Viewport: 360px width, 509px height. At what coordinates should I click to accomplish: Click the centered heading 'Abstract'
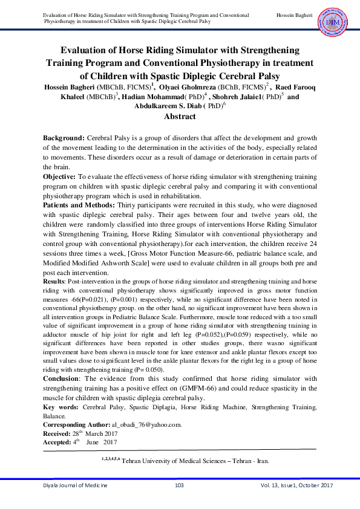(180, 116)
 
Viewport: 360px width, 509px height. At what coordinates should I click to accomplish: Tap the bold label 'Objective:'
(59, 176)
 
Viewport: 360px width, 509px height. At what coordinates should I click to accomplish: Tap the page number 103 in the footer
(179, 486)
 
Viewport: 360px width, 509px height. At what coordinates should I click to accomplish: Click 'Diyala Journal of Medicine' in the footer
(74, 486)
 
